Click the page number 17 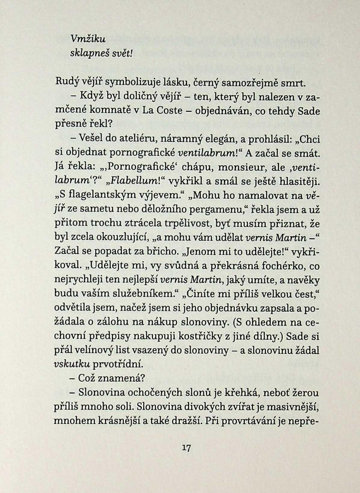click(186, 448)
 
